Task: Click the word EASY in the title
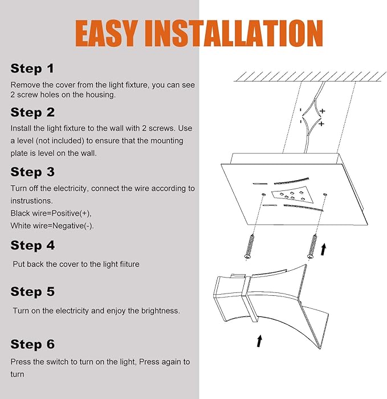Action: (x=107, y=33)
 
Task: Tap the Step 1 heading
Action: (x=32, y=68)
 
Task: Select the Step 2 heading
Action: (x=32, y=112)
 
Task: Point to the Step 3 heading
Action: (x=32, y=172)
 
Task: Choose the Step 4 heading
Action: (x=32, y=245)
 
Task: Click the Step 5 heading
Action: (x=32, y=292)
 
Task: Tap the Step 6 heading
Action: (x=32, y=344)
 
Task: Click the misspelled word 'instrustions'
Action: (x=31, y=201)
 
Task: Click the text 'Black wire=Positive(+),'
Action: (x=51, y=213)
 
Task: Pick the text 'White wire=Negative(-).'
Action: (x=52, y=226)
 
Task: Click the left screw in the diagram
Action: (x=250, y=247)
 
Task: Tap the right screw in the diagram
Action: (x=312, y=247)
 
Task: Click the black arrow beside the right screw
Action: (x=323, y=250)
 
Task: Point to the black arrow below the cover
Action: (x=259, y=341)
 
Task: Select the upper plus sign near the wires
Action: (x=323, y=111)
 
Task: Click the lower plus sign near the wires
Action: (x=321, y=124)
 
